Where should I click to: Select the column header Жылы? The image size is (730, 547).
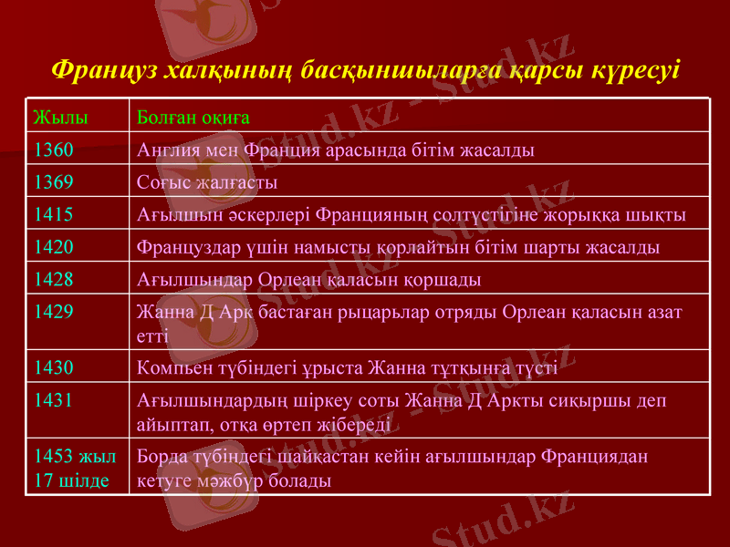[60, 118]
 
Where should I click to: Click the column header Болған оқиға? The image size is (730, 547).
[193, 118]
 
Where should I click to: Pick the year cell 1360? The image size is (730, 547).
[54, 150]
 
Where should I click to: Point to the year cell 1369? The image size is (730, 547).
[54, 182]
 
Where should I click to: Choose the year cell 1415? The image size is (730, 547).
[54, 214]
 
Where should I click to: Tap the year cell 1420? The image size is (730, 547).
[54, 246]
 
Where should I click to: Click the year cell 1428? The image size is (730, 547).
[54, 278]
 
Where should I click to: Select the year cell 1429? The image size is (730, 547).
[54, 311]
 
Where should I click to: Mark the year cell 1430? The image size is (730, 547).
[54, 367]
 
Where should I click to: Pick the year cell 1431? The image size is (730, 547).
[54, 399]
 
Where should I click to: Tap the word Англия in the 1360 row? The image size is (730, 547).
[165, 150]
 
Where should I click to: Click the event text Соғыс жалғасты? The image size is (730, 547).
[206, 182]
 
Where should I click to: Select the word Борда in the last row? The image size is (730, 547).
[158, 455]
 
